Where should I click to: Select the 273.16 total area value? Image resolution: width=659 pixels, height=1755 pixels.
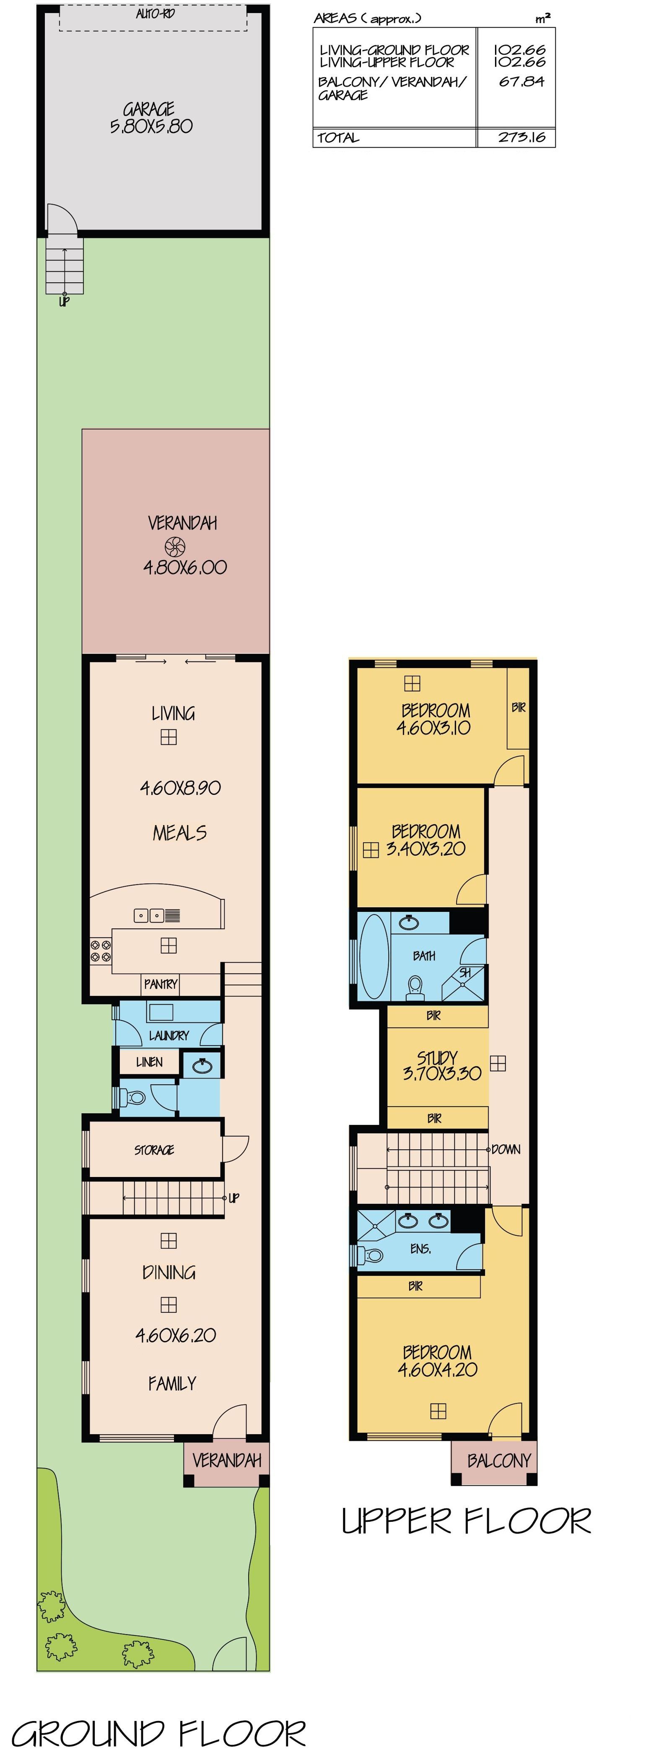coord(521,137)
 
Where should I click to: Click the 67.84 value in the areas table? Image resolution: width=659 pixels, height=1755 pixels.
coord(521,82)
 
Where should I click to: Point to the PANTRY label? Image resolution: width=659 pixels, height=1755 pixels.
coord(161,984)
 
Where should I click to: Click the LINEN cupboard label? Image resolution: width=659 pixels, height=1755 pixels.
coord(149,1062)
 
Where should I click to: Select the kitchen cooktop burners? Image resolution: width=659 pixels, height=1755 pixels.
coord(101,950)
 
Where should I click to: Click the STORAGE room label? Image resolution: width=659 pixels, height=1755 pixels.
coord(154,1150)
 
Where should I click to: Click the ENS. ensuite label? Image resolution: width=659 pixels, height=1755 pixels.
coord(420,1249)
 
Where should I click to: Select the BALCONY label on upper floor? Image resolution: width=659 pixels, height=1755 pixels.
coord(499,1460)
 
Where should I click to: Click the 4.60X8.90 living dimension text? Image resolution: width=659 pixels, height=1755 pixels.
coord(180,788)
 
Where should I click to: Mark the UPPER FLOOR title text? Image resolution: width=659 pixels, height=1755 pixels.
coord(466,1521)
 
